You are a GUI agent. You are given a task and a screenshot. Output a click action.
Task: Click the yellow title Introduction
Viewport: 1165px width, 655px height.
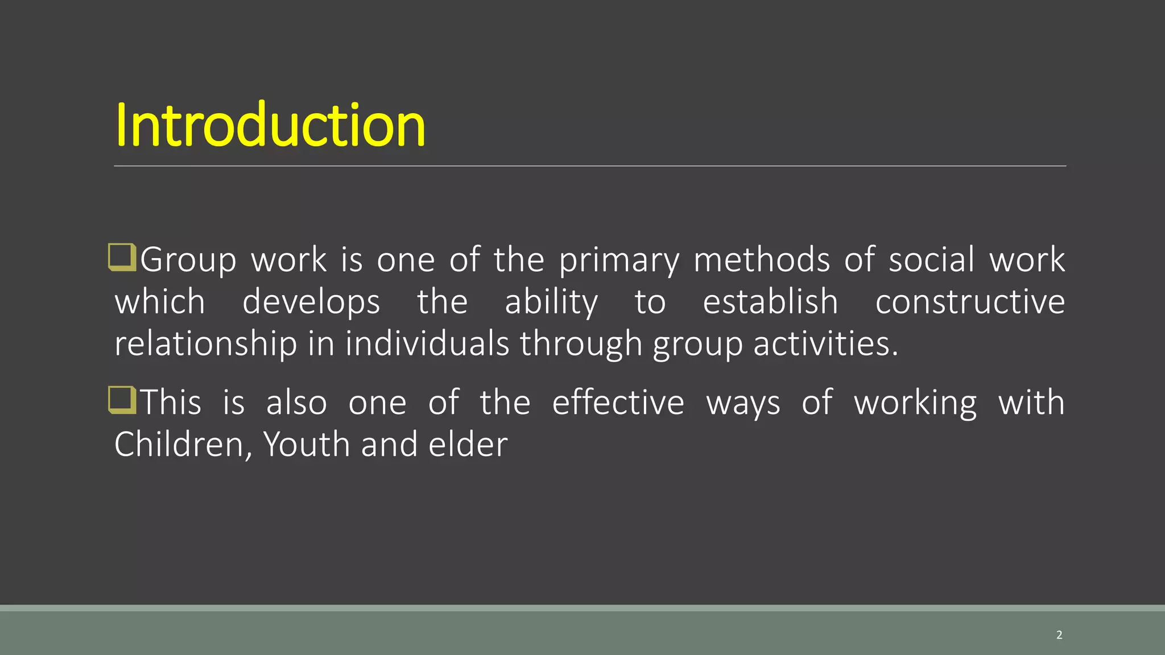pyautogui.click(x=270, y=125)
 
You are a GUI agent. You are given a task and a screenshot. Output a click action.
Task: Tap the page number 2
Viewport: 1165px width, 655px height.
pyautogui.click(x=1059, y=635)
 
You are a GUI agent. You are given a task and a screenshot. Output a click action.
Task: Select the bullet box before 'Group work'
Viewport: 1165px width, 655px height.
pyautogui.click(x=122, y=257)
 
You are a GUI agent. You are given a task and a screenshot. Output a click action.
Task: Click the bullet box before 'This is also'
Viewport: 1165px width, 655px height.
pyautogui.click(x=122, y=400)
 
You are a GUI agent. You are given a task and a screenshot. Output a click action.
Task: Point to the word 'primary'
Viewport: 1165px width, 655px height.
pyautogui.click(x=619, y=260)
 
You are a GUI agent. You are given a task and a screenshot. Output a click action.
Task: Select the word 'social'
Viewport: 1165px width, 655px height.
pyautogui.click(x=932, y=259)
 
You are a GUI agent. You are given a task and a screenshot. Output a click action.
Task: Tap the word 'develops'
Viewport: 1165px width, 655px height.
pyautogui.click(x=311, y=302)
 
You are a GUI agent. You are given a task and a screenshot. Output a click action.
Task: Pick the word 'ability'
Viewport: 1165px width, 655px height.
pyautogui.click(x=551, y=302)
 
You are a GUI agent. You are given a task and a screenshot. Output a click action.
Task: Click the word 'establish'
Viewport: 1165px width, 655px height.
pyautogui.click(x=770, y=301)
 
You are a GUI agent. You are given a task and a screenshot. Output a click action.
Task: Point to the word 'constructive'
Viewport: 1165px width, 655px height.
pyautogui.click(x=970, y=301)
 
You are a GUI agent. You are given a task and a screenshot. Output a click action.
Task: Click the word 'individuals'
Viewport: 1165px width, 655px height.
pyautogui.click(x=427, y=343)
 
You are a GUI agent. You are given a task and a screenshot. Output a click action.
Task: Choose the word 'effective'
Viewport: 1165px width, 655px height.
pyautogui.click(x=618, y=402)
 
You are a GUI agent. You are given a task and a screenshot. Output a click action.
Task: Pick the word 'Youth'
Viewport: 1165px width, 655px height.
pyautogui.click(x=307, y=444)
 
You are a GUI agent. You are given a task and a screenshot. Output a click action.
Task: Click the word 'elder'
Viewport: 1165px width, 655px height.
pyautogui.click(x=468, y=444)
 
